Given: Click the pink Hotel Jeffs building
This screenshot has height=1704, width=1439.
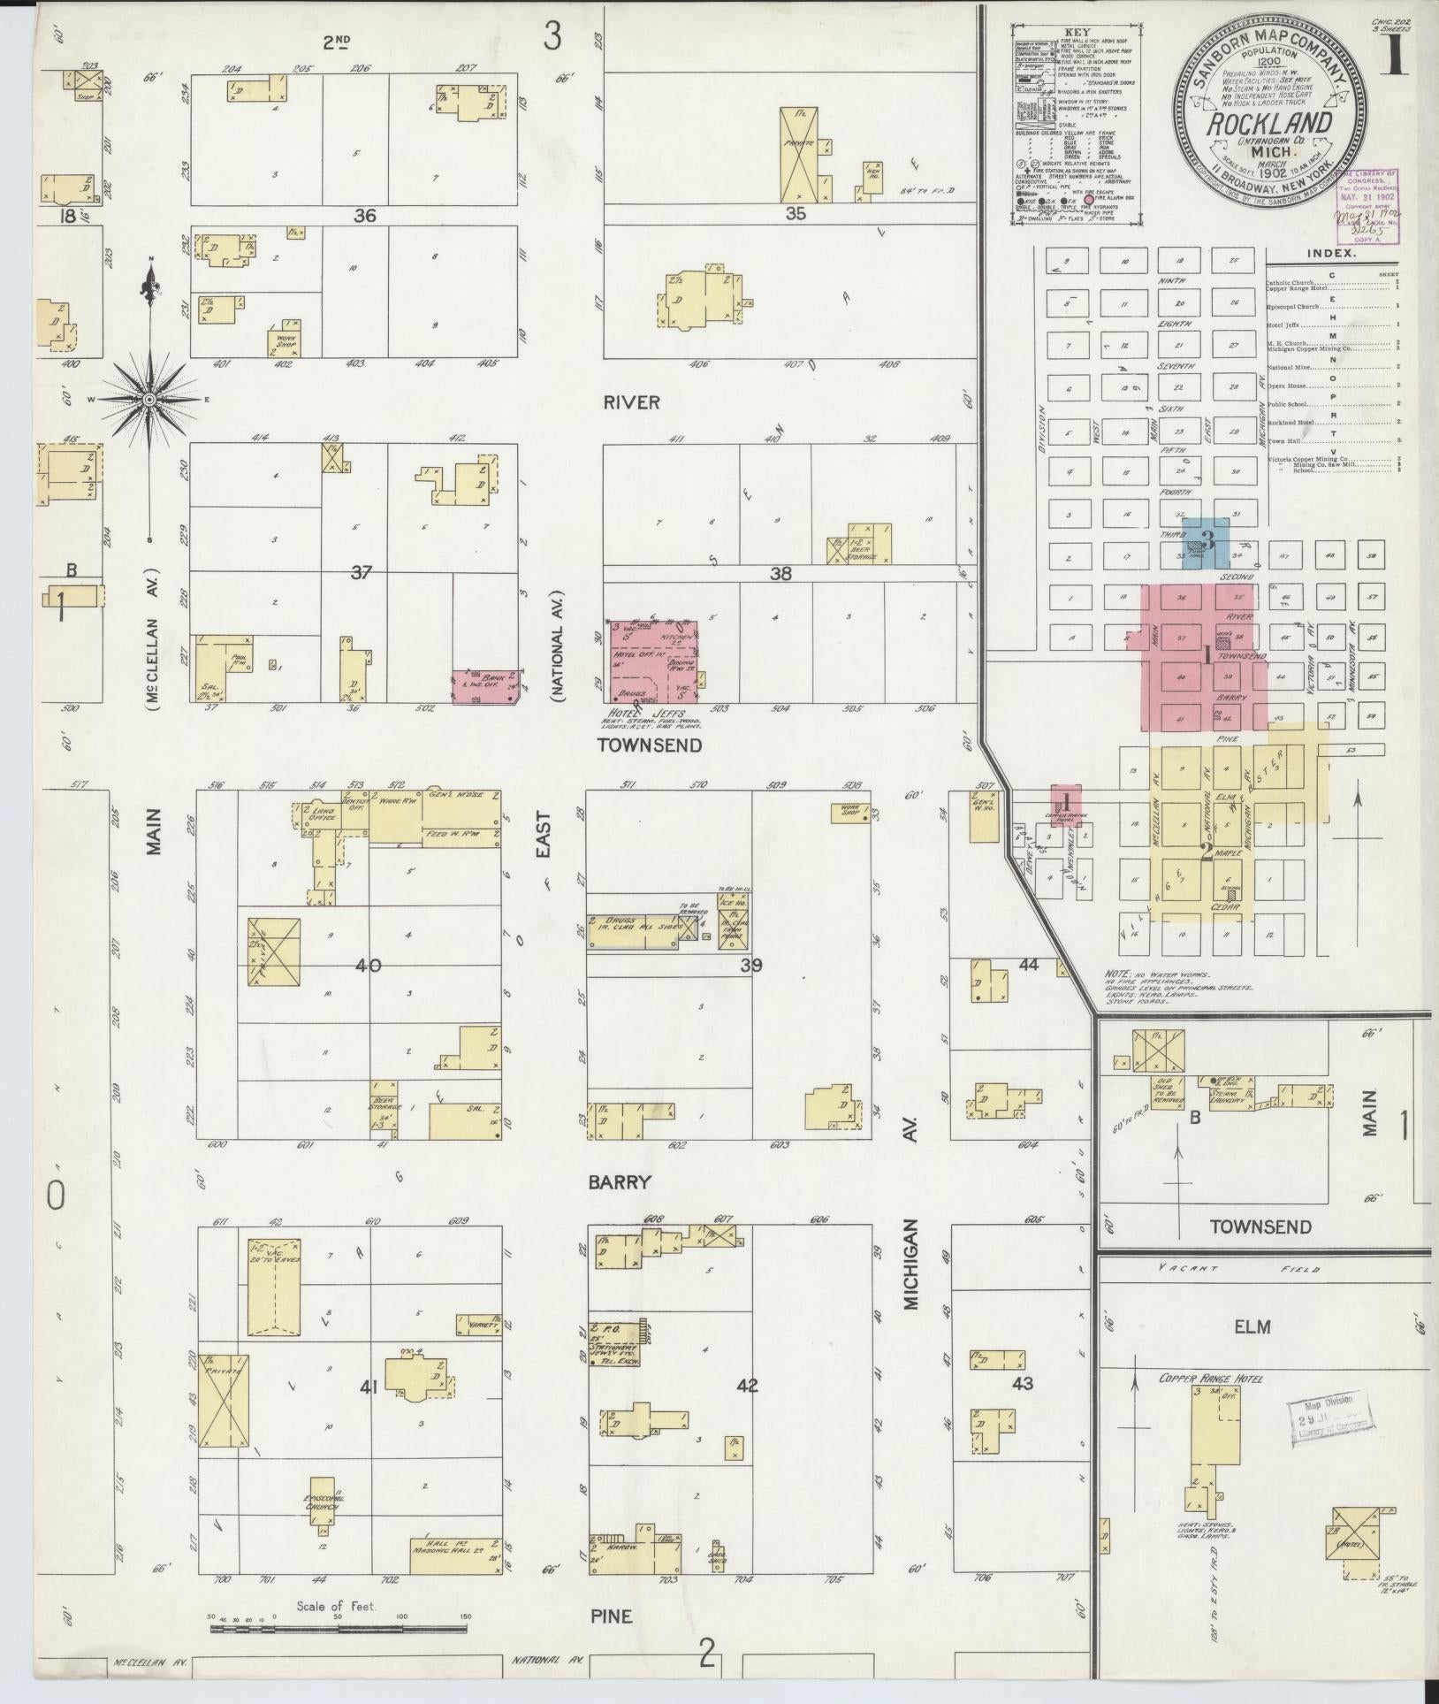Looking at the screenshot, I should [x=654, y=659].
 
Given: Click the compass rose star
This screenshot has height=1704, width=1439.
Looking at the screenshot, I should [x=151, y=400].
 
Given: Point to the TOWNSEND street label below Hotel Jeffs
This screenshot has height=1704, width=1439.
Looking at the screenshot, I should [x=650, y=745].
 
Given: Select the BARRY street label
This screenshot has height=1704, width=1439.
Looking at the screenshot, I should [x=628, y=1182].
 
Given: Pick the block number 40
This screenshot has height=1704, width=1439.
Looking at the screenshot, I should [x=368, y=965].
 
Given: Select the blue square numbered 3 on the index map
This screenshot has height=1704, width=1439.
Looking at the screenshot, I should [x=1207, y=542].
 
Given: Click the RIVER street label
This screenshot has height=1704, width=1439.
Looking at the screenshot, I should [x=632, y=402].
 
